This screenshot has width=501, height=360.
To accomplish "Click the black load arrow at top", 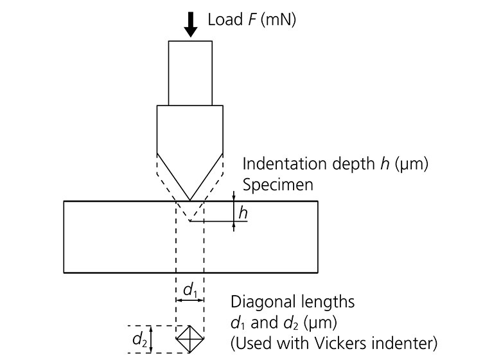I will click(x=190, y=23).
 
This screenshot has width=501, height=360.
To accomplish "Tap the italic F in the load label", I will click(x=247, y=20).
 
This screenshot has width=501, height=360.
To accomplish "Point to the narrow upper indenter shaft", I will click(x=190, y=73).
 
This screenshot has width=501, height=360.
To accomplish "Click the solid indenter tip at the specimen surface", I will click(x=190, y=199).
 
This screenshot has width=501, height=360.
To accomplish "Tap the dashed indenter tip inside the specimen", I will click(x=190, y=220).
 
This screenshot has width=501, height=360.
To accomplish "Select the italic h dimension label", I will click(x=243, y=212).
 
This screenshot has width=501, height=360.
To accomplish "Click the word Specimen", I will click(x=277, y=184).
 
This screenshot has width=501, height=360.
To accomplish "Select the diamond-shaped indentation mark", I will click(x=190, y=339).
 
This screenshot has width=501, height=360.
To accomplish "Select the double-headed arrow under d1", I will click(x=190, y=301).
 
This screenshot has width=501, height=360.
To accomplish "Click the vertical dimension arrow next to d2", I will click(x=152, y=339).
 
